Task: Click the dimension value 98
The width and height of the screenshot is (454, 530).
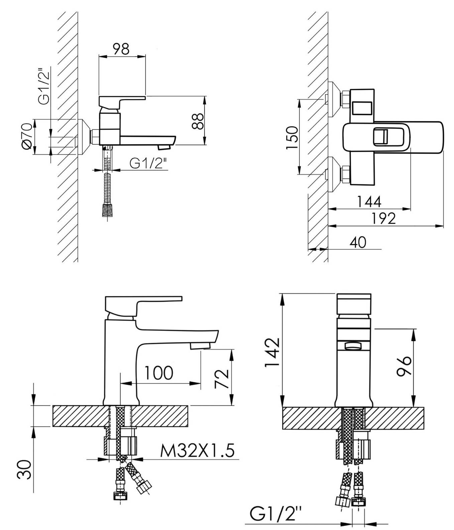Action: tap(121, 49)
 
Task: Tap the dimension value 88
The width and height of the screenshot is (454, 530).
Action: tap(198, 121)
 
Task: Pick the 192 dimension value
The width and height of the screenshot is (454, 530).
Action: tap(383, 219)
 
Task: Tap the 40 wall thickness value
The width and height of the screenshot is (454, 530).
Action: tap(358, 242)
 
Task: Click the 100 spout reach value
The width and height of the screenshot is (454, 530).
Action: tap(158, 373)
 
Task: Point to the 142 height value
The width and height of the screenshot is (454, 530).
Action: tap(272, 353)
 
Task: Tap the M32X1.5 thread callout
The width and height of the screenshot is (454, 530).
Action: tap(197, 451)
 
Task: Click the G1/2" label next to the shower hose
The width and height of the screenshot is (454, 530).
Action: tap(148, 163)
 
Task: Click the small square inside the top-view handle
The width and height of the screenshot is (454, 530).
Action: tap(380, 136)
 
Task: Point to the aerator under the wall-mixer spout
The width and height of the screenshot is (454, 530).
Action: tap(164, 147)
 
